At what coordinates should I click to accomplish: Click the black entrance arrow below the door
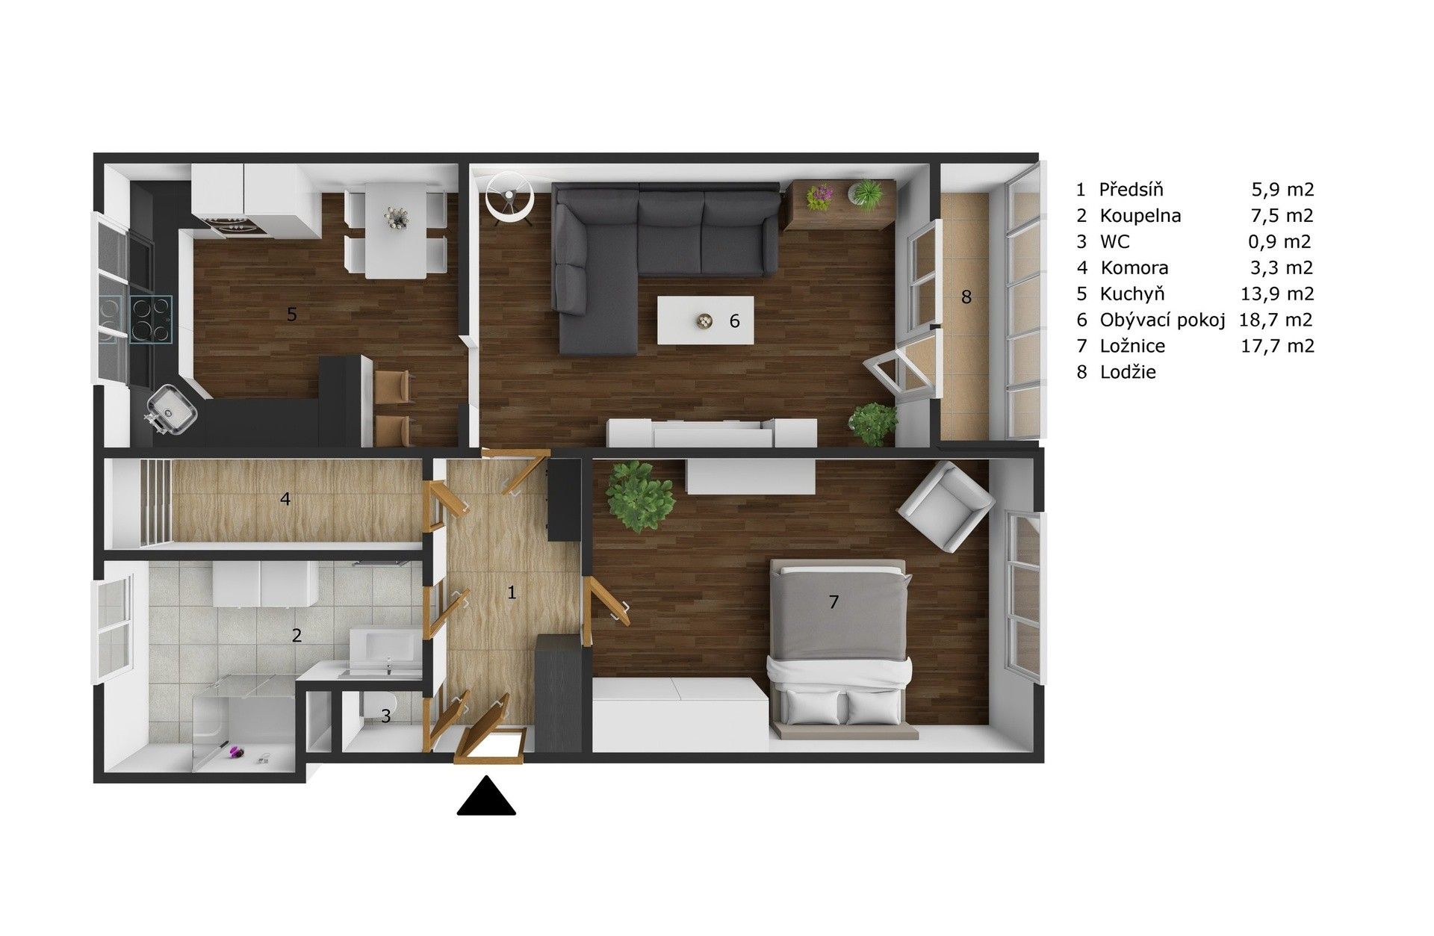tap(487, 796)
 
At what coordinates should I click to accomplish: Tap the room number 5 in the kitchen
tap(292, 314)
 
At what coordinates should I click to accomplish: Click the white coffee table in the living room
tap(705, 320)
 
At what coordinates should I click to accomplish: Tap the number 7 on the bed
tap(834, 601)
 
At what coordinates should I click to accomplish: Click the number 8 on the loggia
tap(966, 297)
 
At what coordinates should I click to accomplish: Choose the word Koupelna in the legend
tap(1140, 216)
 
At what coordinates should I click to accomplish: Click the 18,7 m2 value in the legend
tap(1275, 320)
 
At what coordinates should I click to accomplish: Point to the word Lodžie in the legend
tap(1128, 372)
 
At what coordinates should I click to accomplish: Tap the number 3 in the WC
tap(385, 716)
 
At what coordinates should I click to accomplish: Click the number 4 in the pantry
tap(285, 498)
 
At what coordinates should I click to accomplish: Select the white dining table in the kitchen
tap(395, 232)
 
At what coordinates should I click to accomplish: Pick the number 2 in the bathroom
tap(297, 636)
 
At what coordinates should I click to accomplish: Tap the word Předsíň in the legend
tap(1131, 190)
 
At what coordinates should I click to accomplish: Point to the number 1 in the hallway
tap(512, 592)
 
